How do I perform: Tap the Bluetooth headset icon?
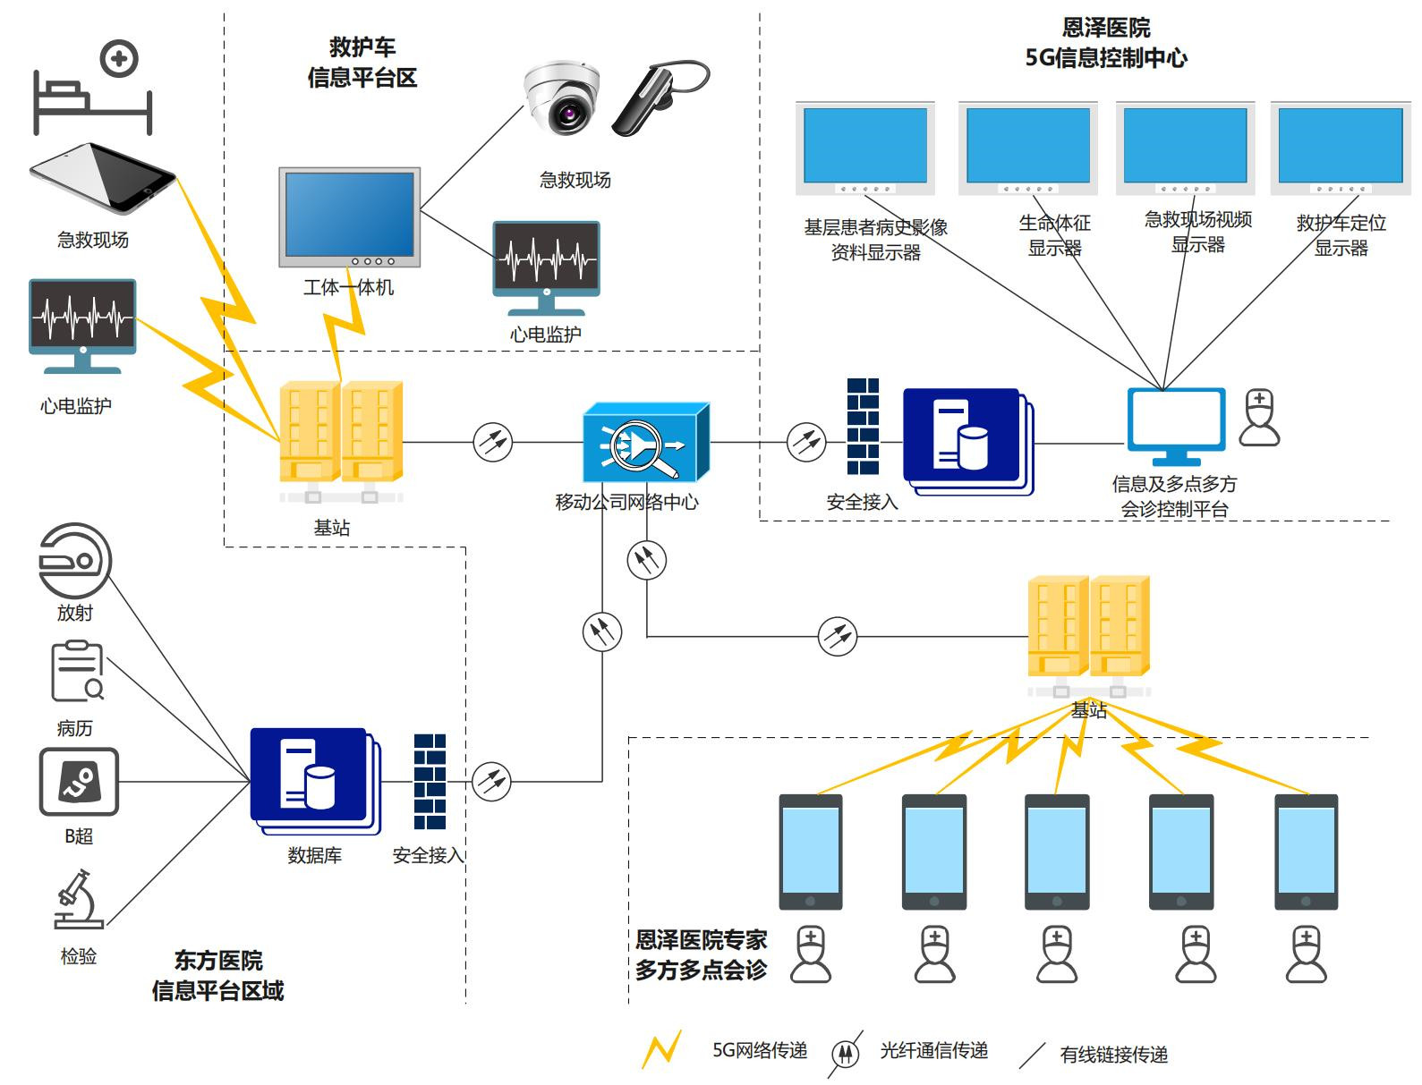point(660,98)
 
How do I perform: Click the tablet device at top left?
point(103,178)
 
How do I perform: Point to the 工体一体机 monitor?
point(349,216)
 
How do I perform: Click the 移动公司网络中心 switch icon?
point(645,442)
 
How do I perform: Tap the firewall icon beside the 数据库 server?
point(430,782)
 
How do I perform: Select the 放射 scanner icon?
point(75,561)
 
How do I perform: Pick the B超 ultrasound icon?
point(79,782)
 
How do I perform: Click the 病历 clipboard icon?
point(77,671)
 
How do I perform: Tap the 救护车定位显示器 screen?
point(1340,148)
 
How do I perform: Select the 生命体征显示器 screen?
point(1028,148)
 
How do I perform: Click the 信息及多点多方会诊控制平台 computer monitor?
point(1175,426)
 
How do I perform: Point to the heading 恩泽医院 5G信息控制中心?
point(1106,43)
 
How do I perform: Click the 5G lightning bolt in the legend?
point(662,1050)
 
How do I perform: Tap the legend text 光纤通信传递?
point(933,1051)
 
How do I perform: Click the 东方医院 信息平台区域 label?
point(217,976)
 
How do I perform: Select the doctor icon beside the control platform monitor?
point(1259,417)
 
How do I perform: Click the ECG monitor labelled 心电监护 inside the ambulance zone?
point(546,267)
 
